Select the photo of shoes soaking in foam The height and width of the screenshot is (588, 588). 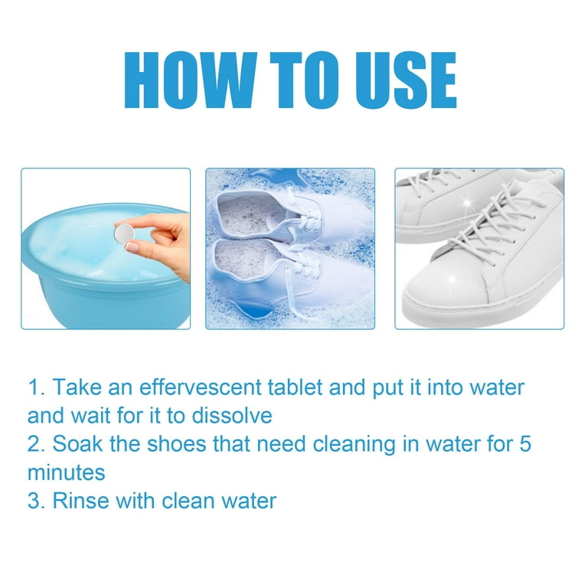coord(290,249)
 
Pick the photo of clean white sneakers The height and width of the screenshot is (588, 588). coord(479,249)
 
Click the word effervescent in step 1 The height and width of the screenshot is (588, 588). coord(183,387)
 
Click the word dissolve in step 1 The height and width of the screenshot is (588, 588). coord(235,416)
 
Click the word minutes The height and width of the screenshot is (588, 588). coord(66,472)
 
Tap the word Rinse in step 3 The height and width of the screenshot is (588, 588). coord(80,501)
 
